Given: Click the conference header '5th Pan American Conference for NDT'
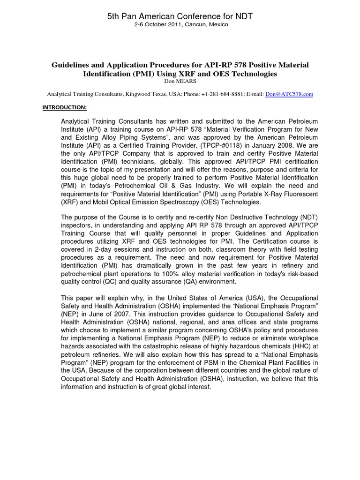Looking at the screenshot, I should pos(180,16).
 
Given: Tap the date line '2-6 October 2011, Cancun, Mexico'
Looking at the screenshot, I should pos(180,24).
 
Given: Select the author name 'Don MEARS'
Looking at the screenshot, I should pos(180,81).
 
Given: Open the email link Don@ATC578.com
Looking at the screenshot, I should pos(289,94).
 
